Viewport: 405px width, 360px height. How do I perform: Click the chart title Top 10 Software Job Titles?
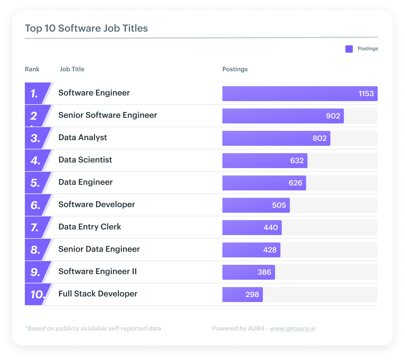(86, 28)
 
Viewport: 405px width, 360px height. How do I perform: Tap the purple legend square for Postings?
(349, 49)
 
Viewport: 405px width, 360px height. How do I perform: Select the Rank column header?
(32, 69)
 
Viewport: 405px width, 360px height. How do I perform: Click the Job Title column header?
(72, 69)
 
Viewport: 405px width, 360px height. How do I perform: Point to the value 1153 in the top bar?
(366, 94)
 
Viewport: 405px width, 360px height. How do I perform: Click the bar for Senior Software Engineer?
(283, 116)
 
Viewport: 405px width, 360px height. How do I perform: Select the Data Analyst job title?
(83, 137)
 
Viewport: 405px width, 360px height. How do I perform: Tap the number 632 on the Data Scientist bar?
(297, 161)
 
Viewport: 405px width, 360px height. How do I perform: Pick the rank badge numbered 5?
(35, 183)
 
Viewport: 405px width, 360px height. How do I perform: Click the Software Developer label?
(97, 204)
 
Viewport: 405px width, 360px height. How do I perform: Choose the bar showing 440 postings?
(252, 228)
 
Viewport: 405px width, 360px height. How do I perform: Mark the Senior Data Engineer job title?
(99, 249)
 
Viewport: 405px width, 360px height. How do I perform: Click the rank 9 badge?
(35, 272)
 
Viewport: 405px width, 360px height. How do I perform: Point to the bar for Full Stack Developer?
(242, 295)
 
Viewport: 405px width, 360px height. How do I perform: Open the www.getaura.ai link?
(293, 328)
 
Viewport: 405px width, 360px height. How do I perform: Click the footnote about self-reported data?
(93, 328)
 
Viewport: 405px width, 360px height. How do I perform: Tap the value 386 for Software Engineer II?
(264, 272)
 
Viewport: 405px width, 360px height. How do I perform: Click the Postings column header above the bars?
(235, 69)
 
